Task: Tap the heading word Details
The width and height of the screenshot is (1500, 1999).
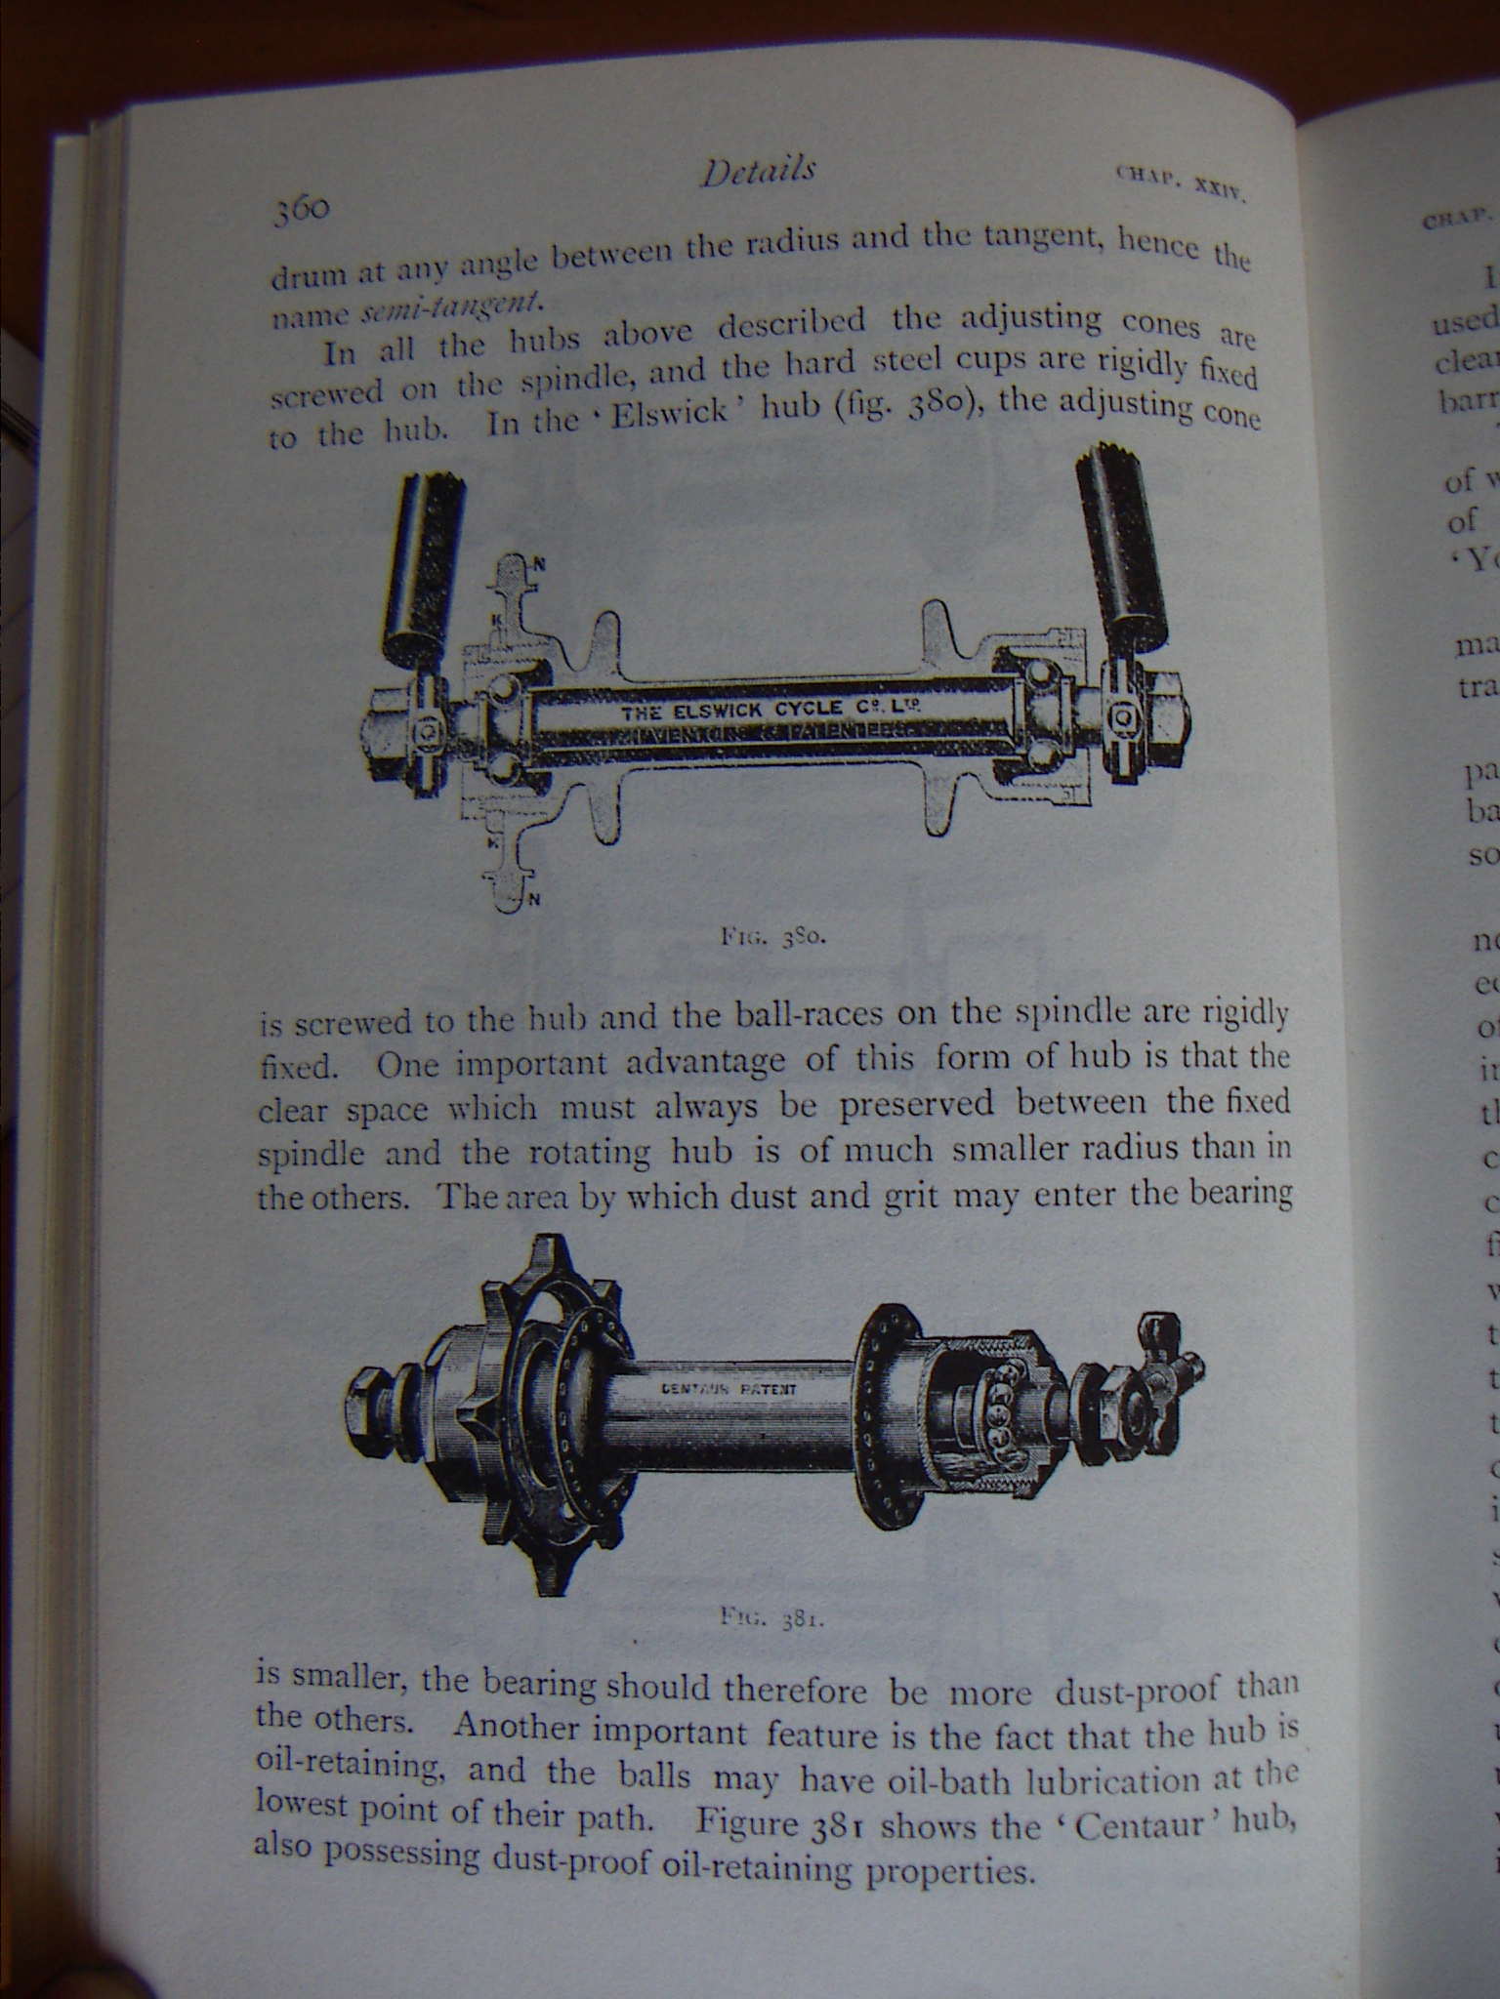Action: (x=758, y=172)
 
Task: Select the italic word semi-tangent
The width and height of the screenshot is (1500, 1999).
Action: (x=450, y=306)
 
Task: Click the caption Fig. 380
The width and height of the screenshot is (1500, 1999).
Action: (x=774, y=938)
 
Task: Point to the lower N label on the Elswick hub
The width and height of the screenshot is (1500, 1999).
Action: (x=533, y=900)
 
